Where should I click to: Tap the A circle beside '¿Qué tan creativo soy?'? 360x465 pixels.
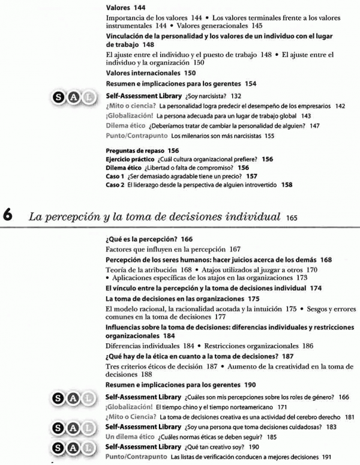[74, 448]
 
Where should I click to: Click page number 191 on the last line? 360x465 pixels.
[326, 457]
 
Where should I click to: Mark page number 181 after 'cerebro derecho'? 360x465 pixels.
[349, 416]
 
